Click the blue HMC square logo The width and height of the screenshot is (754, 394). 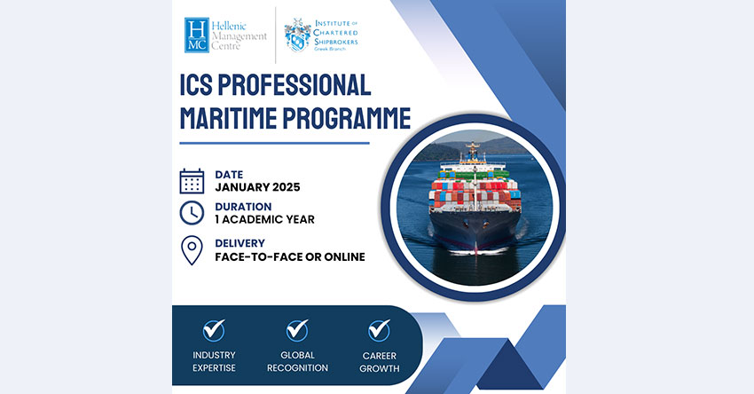click(x=197, y=35)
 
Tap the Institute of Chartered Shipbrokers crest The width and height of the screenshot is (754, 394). click(x=297, y=35)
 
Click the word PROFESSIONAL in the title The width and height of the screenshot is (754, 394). click(x=295, y=85)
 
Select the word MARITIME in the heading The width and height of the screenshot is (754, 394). click(x=228, y=118)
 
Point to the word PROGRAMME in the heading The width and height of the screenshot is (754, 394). click(x=347, y=118)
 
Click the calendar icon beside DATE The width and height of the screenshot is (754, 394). click(x=192, y=181)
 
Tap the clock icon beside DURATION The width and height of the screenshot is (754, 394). click(x=192, y=213)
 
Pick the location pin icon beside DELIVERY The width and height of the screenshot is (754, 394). click(x=192, y=250)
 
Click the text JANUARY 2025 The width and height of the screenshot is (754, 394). click(x=257, y=187)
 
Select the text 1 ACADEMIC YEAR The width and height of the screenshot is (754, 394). click(x=264, y=219)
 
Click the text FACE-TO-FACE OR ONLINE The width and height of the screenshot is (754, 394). click(x=290, y=256)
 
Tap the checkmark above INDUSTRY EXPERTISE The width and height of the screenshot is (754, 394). click(x=214, y=330)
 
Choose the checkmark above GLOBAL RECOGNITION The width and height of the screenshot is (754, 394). click(x=297, y=330)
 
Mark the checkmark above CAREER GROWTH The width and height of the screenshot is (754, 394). click(x=379, y=330)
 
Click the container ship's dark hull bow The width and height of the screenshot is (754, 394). click(x=475, y=232)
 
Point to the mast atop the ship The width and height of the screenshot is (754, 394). click(x=473, y=151)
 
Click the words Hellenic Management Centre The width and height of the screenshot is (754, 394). click(x=239, y=36)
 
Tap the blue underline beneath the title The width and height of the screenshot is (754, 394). click(x=275, y=143)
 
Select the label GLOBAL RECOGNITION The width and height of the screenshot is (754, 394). click(x=297, y=361)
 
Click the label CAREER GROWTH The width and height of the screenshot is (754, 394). click(x=380, y=362)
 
